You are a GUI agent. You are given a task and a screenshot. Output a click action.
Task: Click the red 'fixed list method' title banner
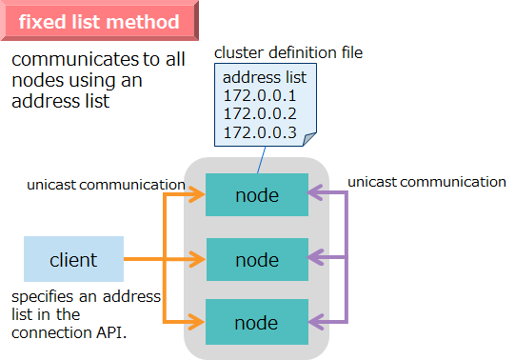pyautogui.click(x=99, y=21)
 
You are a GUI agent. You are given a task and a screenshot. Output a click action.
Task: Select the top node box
pyautogui.click(x=257, y=195)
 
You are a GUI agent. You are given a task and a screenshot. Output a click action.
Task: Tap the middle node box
pyautogui.click(x=257, y=259)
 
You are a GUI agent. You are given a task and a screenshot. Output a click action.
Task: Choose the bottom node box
pyautogui.click(x=257, y=322)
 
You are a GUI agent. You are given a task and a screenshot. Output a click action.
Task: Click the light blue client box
pyautogui.click(x=73, y=259)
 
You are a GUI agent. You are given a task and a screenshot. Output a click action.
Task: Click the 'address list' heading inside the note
pyautogui.click(x=265, y=77)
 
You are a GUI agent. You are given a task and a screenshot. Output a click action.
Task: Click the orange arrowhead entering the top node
pyautogui.click(x=196, y=195)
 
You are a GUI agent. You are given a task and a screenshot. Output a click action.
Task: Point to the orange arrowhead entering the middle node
pyautogui.click(x=196, y=259)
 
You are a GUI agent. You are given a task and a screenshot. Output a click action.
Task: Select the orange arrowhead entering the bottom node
pyautogui.click(x=196, y=322)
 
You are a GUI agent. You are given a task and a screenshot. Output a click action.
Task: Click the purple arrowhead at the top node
pyautogui.click(x=317, y=195)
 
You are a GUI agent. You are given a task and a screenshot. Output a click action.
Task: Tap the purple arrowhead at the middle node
pyautogui.click(x=317, y=259)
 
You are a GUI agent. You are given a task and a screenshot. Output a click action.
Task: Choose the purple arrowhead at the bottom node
pyautogui.click(x=317, y=322)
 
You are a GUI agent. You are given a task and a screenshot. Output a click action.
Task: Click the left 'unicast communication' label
pyautogui.click(x=106, y=184)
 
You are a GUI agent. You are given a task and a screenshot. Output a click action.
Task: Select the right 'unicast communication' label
pyautogui.click(x=426, y=181)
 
